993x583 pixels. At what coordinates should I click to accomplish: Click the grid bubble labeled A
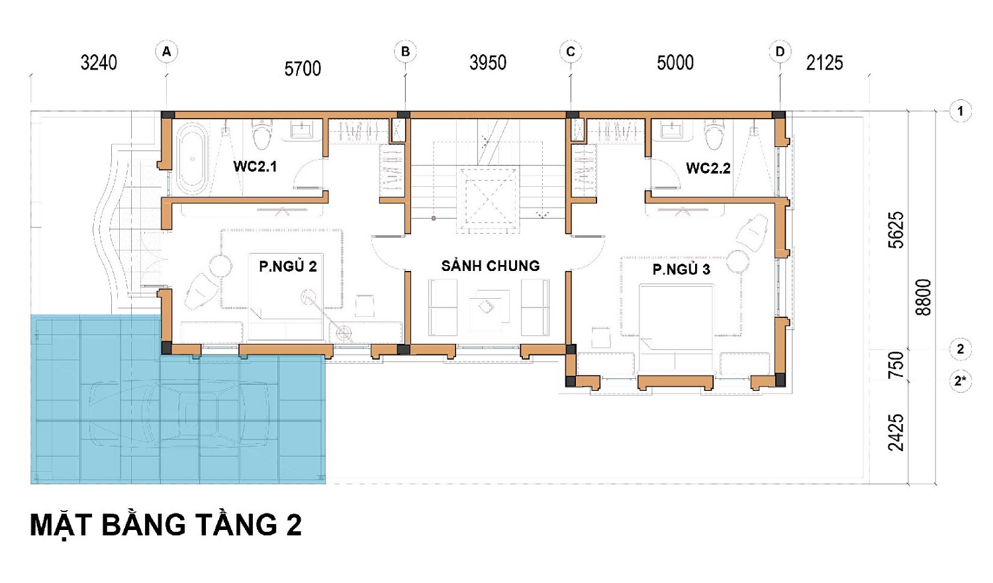pos(167,52)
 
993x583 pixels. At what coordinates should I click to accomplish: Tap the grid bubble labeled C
pos(571,52)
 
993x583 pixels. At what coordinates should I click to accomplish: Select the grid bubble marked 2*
pos(960,381)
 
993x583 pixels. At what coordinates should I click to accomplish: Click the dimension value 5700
pos(303,69)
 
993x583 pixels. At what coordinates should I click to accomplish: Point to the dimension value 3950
pos(488,63)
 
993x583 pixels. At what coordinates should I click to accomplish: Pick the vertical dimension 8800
pos(923,297)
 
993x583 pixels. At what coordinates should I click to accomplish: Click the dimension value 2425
pos(896,433)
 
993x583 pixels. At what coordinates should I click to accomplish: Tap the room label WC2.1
pos(255,166)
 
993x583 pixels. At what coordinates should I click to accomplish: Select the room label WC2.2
pos(708,168)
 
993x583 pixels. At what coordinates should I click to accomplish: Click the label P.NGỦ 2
pos(288,266)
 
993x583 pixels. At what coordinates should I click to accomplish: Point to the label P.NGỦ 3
pos(681,269)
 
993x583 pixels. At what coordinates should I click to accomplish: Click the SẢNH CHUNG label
pos(491,266)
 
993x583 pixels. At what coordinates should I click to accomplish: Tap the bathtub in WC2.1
pos(192,158)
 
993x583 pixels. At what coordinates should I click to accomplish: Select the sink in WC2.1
pos(302,130)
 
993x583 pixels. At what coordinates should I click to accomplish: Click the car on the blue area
pos(179,414)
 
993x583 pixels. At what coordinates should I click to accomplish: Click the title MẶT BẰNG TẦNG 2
pos(165,526)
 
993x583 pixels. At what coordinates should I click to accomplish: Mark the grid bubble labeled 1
pos(960,111)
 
